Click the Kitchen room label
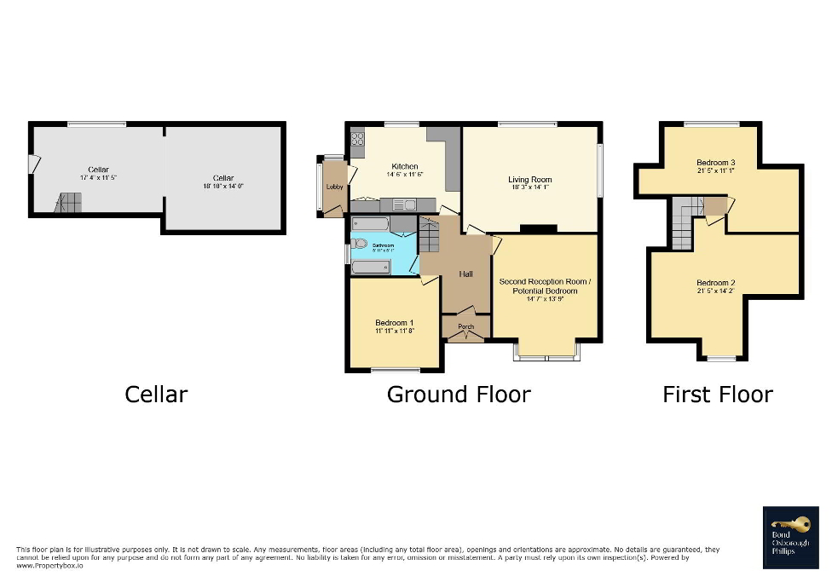405,166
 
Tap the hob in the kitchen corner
357,138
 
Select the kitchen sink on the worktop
404,204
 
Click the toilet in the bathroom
359,243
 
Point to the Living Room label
530,180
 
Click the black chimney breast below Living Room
538,228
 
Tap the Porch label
466,327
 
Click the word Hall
466,274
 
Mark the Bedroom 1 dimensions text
394,331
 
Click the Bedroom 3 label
715,162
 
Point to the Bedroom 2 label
715,283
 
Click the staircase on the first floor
683,223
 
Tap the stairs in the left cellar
69,203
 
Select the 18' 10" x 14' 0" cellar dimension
223,186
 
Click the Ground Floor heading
459,395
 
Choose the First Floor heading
718,395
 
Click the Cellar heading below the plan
156,395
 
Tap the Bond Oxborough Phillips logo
790,537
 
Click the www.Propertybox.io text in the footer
49,566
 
